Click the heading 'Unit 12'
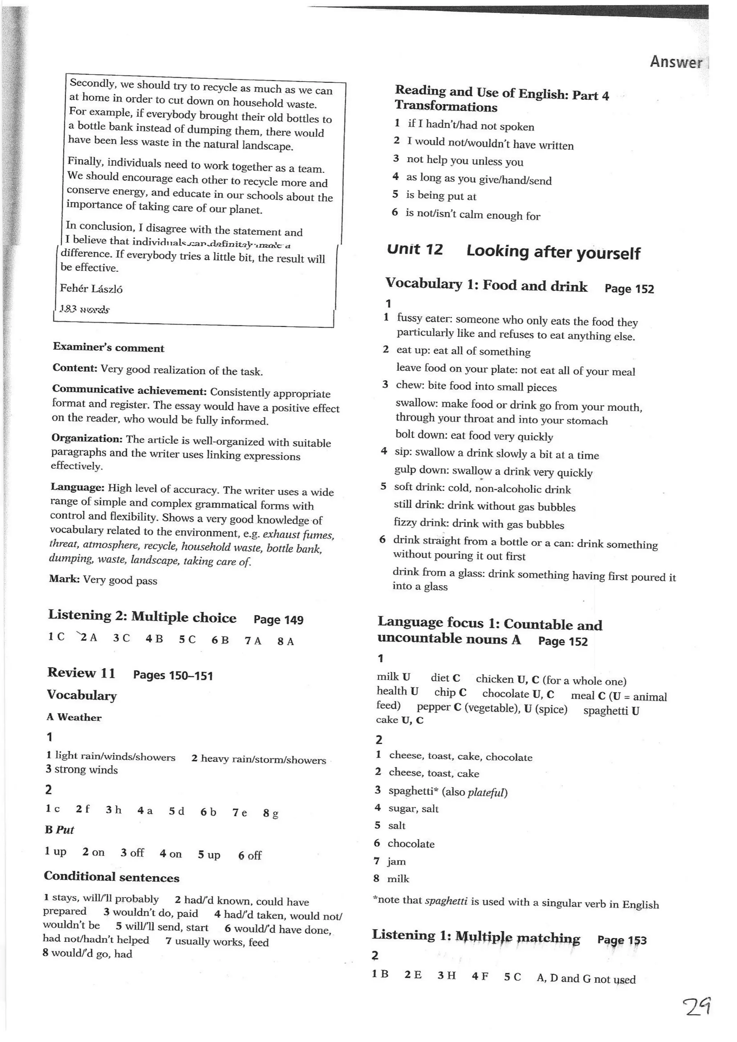[415, 249]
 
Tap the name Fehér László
[91, 289]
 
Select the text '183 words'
[85, 309]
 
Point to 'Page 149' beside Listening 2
[278, 620]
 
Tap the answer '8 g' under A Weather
[271, 813]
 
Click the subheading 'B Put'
[59, 829]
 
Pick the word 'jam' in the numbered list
[396, 861]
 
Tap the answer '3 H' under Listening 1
[447, 975]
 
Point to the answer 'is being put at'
[441, 196]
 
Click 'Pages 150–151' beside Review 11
[173, 675]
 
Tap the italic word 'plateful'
[487, 793]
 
